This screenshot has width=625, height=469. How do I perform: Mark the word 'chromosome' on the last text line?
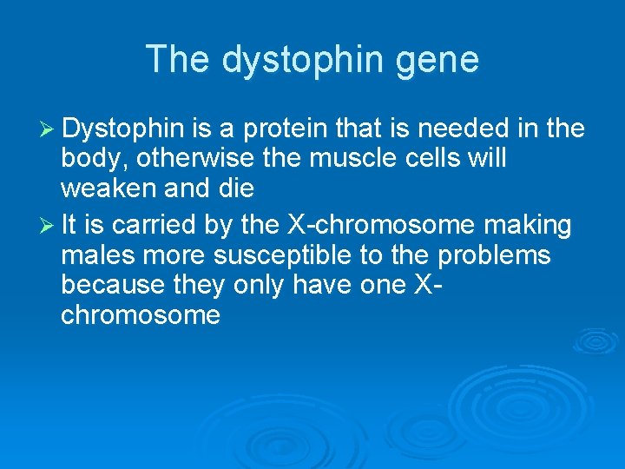click(x=141, y=314)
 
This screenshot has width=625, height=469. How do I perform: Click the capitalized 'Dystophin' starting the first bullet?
click(x=123, y=129)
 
